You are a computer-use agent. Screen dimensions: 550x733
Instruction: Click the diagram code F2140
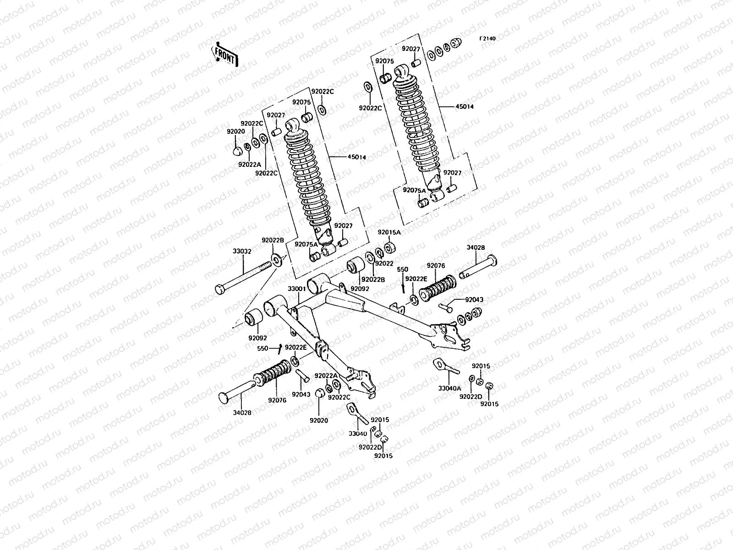tap(487, 39)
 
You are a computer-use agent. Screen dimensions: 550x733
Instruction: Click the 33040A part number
tap(449, 388)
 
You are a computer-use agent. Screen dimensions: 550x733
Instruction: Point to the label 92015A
tap(389, 232)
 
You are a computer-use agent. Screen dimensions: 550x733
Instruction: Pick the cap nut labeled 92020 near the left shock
tap(236, 149)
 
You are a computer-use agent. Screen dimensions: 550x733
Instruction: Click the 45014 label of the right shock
tap(465, 107)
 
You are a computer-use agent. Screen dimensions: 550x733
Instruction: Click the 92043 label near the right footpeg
tap(474, 300)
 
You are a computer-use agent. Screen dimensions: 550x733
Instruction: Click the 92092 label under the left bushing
tap(257, 338)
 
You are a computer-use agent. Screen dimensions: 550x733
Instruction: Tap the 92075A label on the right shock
tap(414, 189)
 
